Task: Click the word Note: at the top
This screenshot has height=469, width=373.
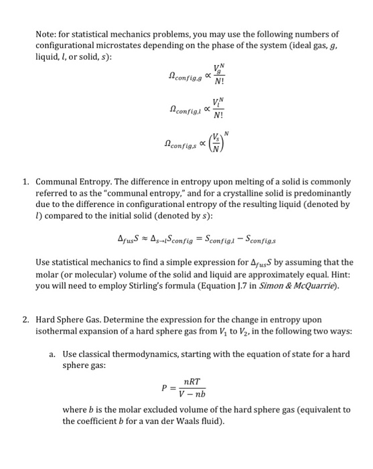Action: [46, 33]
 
